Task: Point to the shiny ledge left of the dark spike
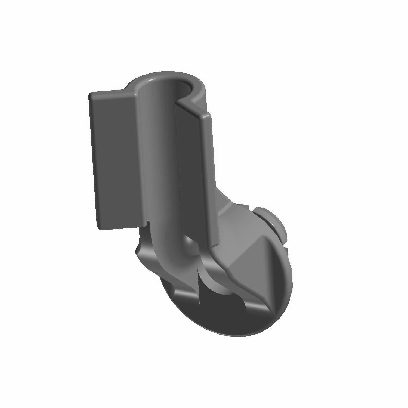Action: coord(185,294)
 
